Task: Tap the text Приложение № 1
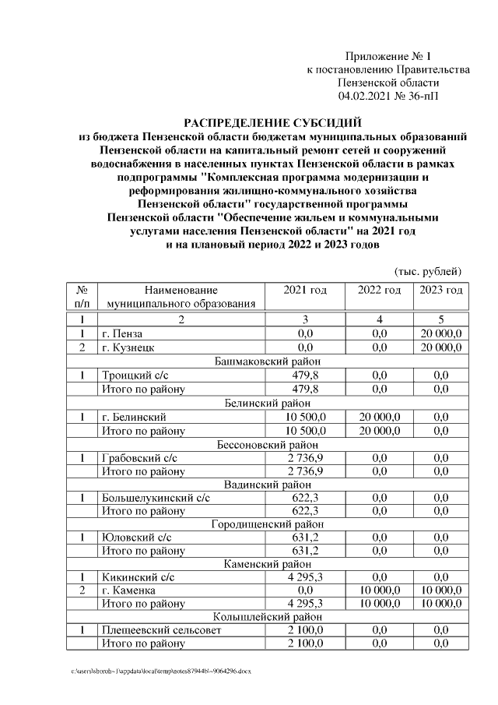pos(388,56)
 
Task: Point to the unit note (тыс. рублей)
pos(429,271)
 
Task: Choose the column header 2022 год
pos(379,290)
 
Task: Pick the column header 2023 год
pos(441,290)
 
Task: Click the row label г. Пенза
pos(123,333)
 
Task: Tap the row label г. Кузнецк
pos(128,347)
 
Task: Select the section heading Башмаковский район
pos(268,361)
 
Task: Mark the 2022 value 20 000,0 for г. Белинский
pos(379,417)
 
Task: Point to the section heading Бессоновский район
pos(268,444)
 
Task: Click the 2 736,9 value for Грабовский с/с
pos(305,457)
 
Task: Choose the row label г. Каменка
pos(130,590)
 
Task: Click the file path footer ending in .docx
pos(162,671)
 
